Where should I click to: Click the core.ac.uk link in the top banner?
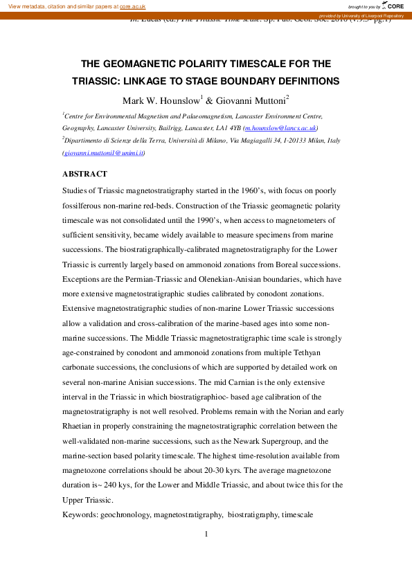tap(132, 6)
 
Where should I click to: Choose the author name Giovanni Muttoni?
tap(252, 100)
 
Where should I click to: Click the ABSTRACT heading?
tap(85, 174)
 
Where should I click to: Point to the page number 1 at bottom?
tap(206, 533)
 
